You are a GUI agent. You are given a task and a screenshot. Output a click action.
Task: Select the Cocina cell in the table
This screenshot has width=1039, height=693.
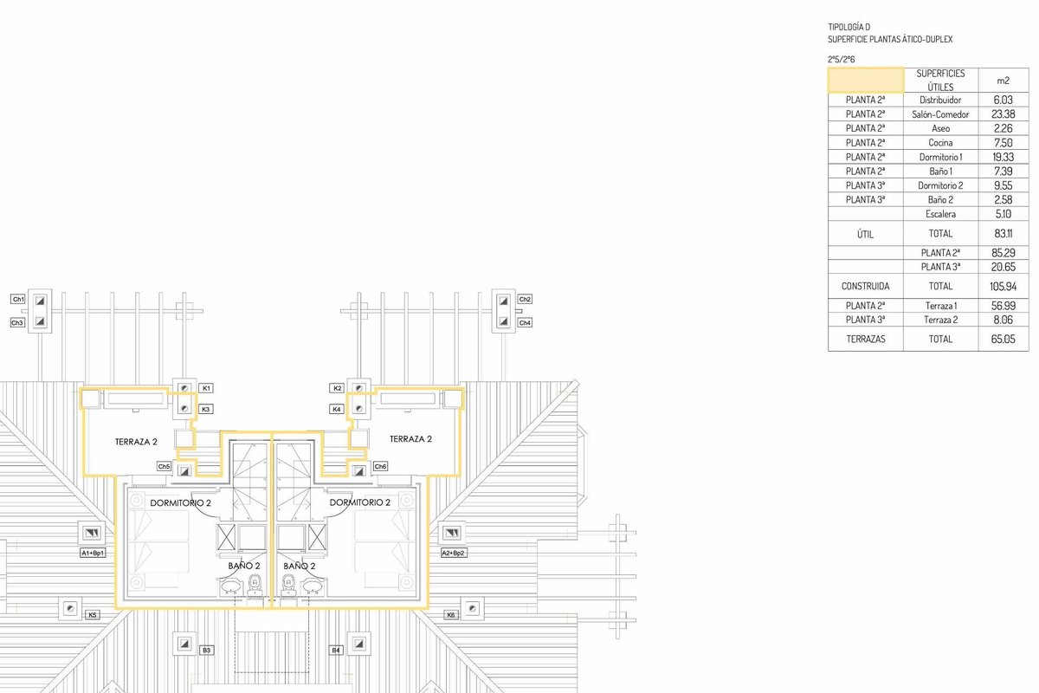[939, 143]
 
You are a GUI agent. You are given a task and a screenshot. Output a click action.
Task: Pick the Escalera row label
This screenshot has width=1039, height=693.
[939, 214]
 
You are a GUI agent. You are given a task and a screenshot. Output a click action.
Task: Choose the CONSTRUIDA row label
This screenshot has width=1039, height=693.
[865, 285]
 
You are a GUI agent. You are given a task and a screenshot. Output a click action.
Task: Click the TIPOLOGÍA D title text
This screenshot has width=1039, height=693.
[849, 27]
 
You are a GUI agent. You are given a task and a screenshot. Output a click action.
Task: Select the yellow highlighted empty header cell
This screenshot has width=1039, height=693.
[865, 80]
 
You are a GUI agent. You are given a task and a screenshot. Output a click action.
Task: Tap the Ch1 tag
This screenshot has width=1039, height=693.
[17, 299]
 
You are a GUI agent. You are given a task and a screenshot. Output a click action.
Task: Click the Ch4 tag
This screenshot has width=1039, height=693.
[525, 322]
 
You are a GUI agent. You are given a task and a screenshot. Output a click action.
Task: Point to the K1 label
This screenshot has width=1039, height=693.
[206, 388]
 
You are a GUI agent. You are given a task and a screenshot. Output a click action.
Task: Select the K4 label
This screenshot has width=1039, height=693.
[336, 409]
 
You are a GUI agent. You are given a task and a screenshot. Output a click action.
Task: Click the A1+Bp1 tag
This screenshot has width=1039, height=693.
[92, 553]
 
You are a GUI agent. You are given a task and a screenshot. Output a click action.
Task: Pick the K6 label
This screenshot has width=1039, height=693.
[450, 615]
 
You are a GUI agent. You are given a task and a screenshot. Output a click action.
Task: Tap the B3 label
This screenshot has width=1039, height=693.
[206, 650]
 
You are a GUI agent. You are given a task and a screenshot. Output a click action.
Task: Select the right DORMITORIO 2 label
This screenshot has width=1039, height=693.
[359, 502]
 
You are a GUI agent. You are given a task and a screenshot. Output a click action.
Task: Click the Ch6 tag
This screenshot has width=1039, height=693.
[380, 467]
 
